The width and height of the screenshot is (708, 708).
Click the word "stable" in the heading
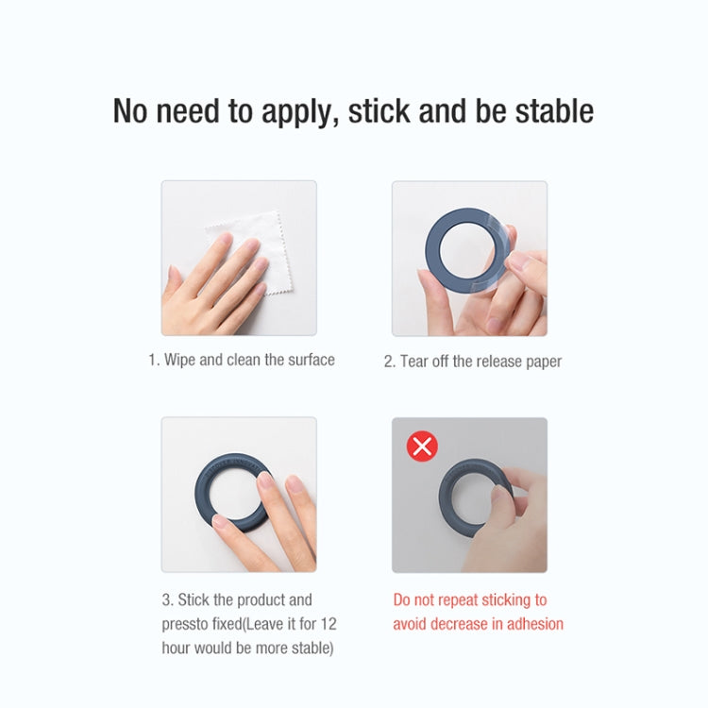tap(554, 110)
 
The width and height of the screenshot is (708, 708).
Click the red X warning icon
tap(422, 446)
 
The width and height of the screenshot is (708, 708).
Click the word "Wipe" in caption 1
tap(180, 360)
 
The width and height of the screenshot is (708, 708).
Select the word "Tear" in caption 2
tap(416, 361)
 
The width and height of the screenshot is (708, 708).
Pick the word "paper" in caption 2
tap(542, 362)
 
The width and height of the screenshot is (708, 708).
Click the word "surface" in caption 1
tap(307, 360)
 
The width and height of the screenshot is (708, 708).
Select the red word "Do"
tap(403, 599)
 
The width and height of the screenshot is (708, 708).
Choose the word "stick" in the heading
tap(379, 110)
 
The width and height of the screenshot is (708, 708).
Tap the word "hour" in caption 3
tap(178, 648)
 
